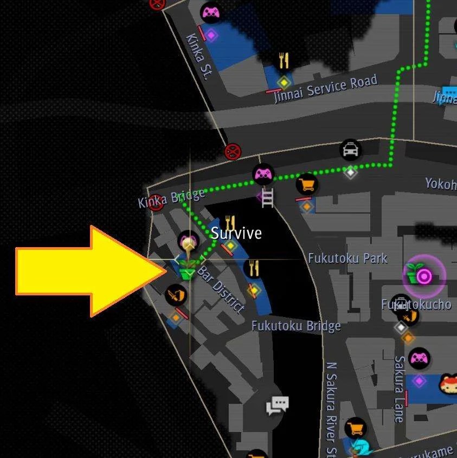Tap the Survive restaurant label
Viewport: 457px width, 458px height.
[x=236, y=233]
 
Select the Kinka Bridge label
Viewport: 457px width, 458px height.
[x=171, y=198]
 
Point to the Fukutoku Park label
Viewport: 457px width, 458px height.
[x=347, y=258]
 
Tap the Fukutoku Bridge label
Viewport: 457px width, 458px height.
[x=296, y=326]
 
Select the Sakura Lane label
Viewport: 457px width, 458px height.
[x=400, y=388]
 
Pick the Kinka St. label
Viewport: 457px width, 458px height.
[x=198, y=56]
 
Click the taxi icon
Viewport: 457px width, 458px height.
[x=351, y=149]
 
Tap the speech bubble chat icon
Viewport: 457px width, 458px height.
[x=277, y=405]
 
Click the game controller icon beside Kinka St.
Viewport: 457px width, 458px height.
[x=210, y=12]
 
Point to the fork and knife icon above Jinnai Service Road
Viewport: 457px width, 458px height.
[x=284, y=60]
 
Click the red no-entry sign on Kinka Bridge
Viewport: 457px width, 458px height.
[x=157, y=203]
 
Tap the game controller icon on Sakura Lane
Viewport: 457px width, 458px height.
[x=419, y=358]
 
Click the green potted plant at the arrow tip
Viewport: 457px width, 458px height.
[x=188, y=268]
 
